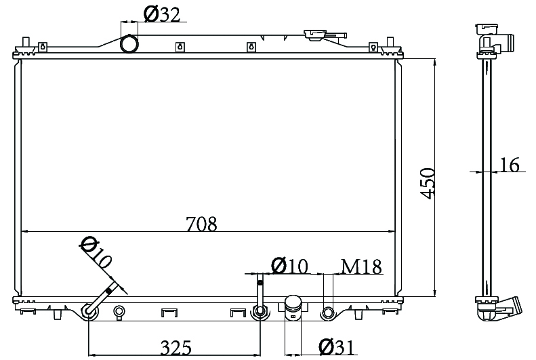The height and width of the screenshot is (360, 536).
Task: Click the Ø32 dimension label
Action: point(162,15)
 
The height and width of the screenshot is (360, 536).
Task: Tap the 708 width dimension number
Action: point(201,224)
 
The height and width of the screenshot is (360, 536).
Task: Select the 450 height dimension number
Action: point(428,183)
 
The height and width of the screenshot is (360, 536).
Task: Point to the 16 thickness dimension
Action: point(510,165)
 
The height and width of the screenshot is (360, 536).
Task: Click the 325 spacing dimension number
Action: point(176,348)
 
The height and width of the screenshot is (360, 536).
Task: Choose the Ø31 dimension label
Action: point(337,347)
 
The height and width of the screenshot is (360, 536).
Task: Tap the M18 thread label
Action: point(361,266)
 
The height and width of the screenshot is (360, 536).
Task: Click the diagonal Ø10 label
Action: point(96,252)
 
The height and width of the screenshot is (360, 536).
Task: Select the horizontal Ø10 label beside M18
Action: point(289,266)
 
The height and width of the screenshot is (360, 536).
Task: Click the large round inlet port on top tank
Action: point(129,44)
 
